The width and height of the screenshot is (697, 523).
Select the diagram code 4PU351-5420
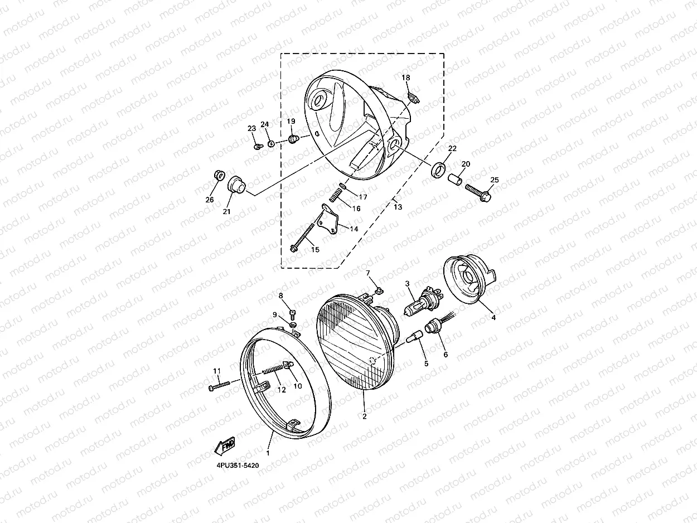pyautogui.click(x=238, y=466)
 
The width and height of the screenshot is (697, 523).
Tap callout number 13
pyautogui.click(x=398, y=207)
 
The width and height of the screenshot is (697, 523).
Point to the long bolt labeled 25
pyautogui.click(x=478, y=193)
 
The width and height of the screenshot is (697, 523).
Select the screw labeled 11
pyautogui.click(x=220, y=386)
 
